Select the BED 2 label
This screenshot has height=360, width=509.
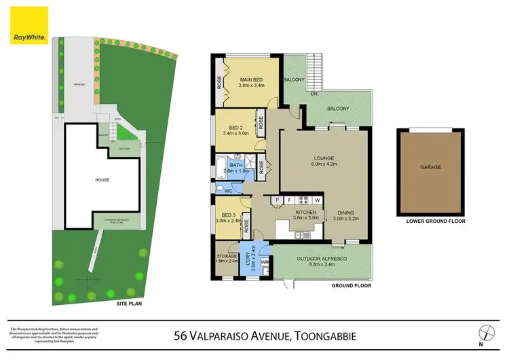pyautogui.click(x=236, y=128)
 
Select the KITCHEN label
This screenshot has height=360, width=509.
pyautogui.click(x=307, y=213)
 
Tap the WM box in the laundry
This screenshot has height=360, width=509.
pyautogui.click(x=265, y=261)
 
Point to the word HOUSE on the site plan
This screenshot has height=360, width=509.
pyautogui.click(x=102, y=180)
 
